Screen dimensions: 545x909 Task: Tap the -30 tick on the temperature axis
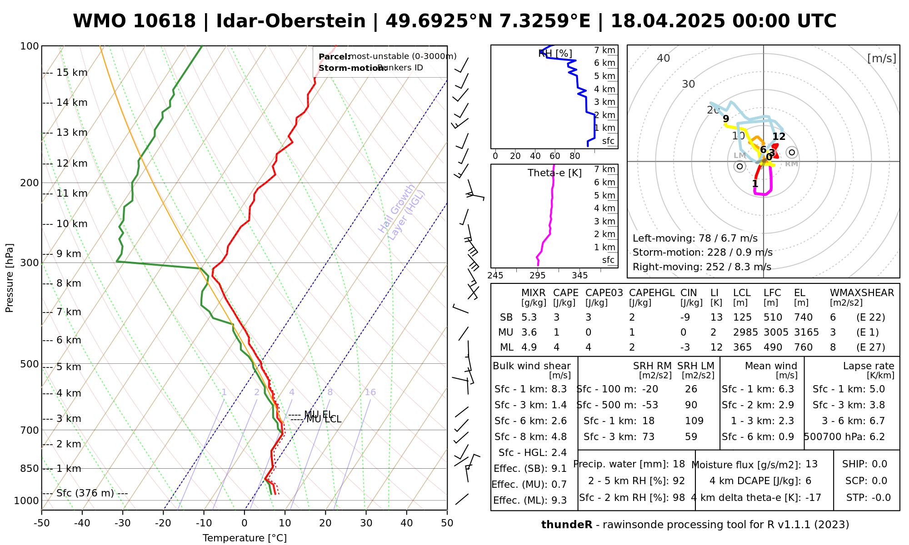pos(123,523)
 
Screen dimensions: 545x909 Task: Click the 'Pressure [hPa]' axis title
pos(10,278)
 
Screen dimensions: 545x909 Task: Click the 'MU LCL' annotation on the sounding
pos(324,419)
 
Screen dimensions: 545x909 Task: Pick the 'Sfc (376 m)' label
pos(85,493)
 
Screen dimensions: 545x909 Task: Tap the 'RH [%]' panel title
pos(555,54)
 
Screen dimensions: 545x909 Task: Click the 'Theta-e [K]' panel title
pos(554,173)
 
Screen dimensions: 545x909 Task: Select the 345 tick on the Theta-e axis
pos(579,275)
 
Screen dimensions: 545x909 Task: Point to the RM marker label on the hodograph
pos(791,163)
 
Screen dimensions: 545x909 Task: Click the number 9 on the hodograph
pos(726,119)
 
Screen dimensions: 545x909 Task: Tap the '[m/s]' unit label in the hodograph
pos(881,58)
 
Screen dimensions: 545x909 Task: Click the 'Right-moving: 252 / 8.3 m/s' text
pos(701,267)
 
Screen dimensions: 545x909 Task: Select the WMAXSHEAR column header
pos(862,293)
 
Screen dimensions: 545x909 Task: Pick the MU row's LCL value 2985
pos(745,332)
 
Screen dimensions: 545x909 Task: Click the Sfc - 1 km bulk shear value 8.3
pos(559,389)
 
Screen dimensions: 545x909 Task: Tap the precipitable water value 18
pos(679,464)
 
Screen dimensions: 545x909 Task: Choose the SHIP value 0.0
pos(879,464)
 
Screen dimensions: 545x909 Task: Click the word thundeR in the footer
pos(566,525)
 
